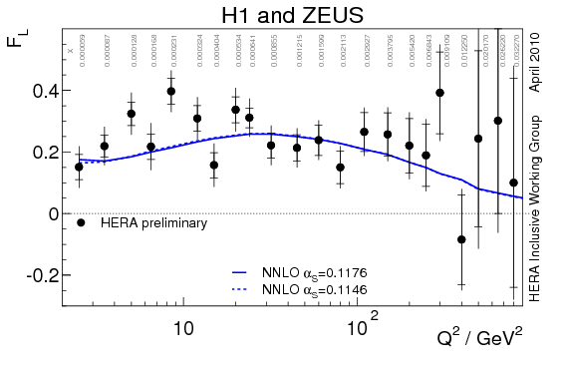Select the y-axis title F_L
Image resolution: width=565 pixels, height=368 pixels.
[x=27, y=45]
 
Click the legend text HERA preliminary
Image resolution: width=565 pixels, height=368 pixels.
[x=153, y=223]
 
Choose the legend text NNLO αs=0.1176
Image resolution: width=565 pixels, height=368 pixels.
[x=308, y=270]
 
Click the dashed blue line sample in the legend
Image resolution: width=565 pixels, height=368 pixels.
[x=239, y=288]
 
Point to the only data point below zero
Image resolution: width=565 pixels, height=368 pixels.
[x=461, y=239]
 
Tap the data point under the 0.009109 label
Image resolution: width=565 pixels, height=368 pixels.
[x=439, y=93]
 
